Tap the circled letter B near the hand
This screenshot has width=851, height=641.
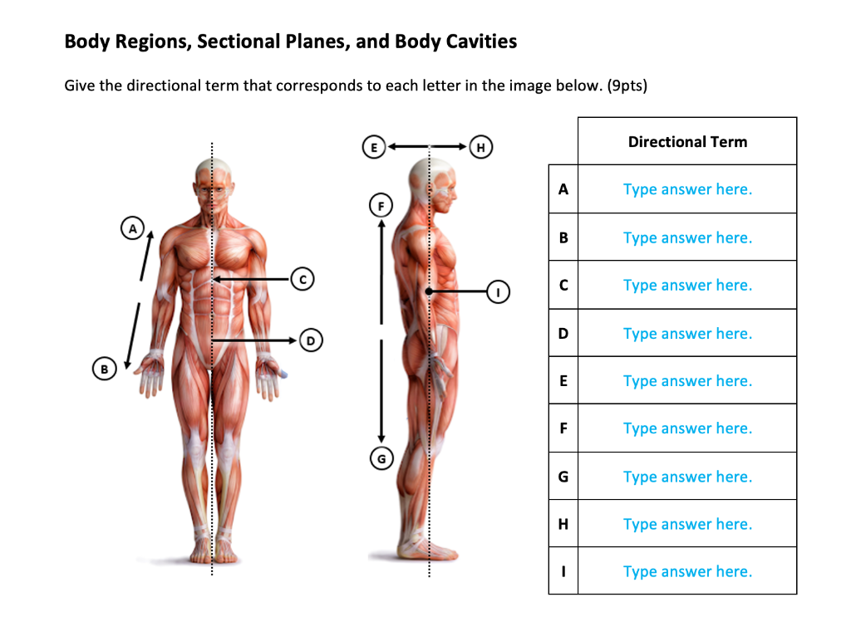click(x=104, y=368)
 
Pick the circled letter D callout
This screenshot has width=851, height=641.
click(x=311, y=340)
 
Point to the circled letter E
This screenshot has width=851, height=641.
click(x=374, y=147)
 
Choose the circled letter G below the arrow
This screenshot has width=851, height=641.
click(x=381, y=458)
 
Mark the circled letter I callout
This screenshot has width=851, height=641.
click(x=499, y=292)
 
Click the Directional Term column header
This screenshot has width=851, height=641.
click(x=687, y=142)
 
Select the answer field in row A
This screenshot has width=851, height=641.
click(x=687, y=189)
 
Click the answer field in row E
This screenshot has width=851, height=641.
click(x=687, y=381)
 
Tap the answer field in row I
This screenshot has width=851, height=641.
click(x=687, y=571)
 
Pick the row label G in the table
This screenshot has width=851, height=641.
click(x=563, y=477)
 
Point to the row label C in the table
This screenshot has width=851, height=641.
click(x=563, y=285)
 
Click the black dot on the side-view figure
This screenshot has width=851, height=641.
click(x=428, y=292)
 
